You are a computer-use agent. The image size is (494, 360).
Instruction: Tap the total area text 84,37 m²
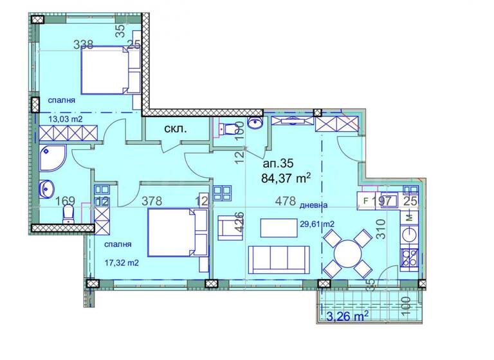click(x=287, y=177)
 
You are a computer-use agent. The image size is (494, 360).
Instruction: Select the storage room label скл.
click(x=176, y=129)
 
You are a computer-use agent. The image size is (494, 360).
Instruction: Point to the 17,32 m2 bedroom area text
click(x=122, y=262)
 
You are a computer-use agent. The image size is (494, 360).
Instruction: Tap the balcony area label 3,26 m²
click(x=347, y=316)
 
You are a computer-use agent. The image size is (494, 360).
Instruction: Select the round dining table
click(x=347, y=252)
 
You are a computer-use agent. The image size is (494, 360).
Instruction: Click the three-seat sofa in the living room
click(x=280, y=258)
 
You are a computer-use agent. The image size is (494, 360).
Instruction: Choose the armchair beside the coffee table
click(x=230, y=228)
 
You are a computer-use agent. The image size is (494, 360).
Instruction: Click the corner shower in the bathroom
click(x=51, y=158)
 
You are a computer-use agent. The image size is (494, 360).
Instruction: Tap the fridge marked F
click(x=366, y=201)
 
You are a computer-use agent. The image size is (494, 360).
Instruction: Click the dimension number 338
click(x=84, y=45)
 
